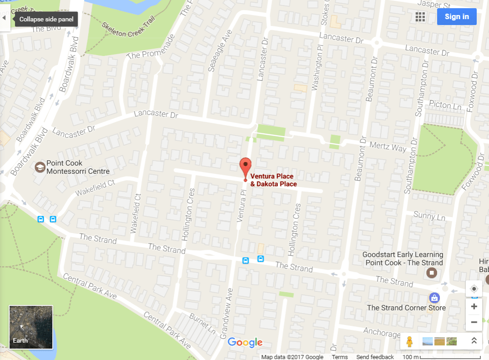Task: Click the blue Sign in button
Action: pyautogui.click(x=457, y=17)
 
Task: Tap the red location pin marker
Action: pyautogui.click(x=246, y=167)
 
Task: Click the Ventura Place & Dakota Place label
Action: pyautogui.click(x=273, y=180)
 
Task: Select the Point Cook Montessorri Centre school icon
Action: pyautogui.click(x=40, y=167)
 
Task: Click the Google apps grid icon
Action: pyautogui.click(x=420, y=17)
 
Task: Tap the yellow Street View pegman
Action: pyautogui.click(x=410, y=341)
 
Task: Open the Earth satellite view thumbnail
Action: pyautogui.click(x=31, y=327)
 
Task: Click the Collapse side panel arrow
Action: pyautogui.click(x=5, y=18)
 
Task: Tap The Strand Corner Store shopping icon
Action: pyautogui.click(x=434, y=298)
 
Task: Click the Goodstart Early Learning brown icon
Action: pyautogui.click(x=431, y=273)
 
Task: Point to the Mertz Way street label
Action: pyautogui.click(x=388, y=147)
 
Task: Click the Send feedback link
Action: pyautogui.click(x=375, y=357)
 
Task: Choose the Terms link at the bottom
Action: pyautogui.click(x=340, y=357)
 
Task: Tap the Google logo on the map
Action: pyautogui.click(x=245, y=342)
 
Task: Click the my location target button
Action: pyautogui.click(x=474, y=289)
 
